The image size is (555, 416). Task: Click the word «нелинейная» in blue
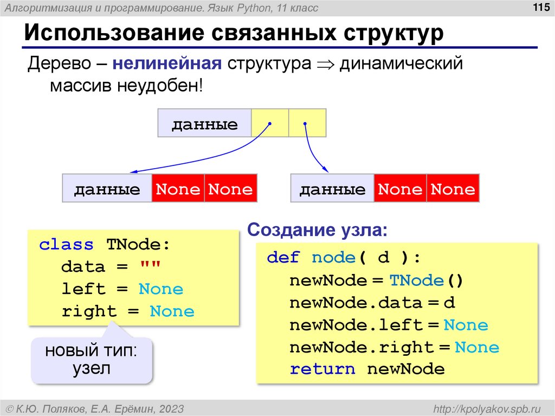pos(167,63)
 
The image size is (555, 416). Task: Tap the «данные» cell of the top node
pos(204,125)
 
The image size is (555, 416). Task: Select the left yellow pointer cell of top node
pos(270,123)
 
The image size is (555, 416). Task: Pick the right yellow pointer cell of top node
pos(307,123)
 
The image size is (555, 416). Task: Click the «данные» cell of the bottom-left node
pos(107,189)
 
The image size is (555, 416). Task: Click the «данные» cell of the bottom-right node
pos(332,189)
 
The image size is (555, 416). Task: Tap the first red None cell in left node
pos(178,189)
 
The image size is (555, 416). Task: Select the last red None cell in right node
pos(453,189)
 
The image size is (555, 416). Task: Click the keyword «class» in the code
pos(66,245)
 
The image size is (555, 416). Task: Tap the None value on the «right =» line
pos(172,311)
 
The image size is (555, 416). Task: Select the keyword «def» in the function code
pos(283,258)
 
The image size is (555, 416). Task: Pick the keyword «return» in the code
pos(322,369)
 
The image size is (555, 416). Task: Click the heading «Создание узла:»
pos(318,230)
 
